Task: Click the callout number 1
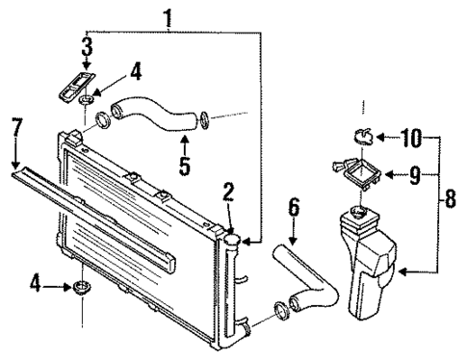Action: (169, 16)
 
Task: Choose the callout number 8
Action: (451, 202)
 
